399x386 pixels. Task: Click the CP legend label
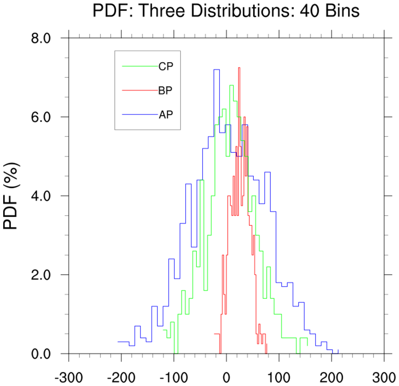coord(166,66)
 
